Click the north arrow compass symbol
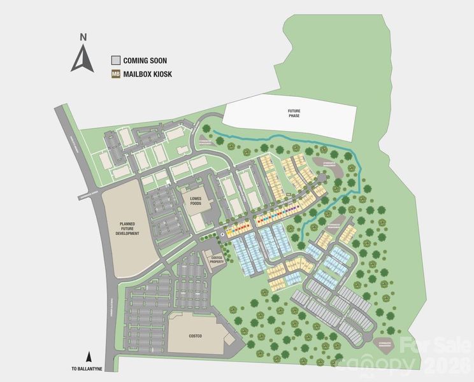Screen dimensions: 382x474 coord(83,59)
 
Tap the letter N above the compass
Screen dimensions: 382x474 coord(83,38)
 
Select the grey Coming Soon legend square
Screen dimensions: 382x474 coord(115,60)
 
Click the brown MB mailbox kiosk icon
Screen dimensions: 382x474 coord(115,74)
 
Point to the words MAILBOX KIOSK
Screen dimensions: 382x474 coord(148,74)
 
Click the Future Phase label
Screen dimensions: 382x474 coord(292,114)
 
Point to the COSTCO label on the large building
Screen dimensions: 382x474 coord(195,335)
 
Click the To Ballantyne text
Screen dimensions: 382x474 coord(89,369)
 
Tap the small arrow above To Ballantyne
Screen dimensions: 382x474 coord(89,358)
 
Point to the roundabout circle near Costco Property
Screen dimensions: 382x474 coord(222,234)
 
